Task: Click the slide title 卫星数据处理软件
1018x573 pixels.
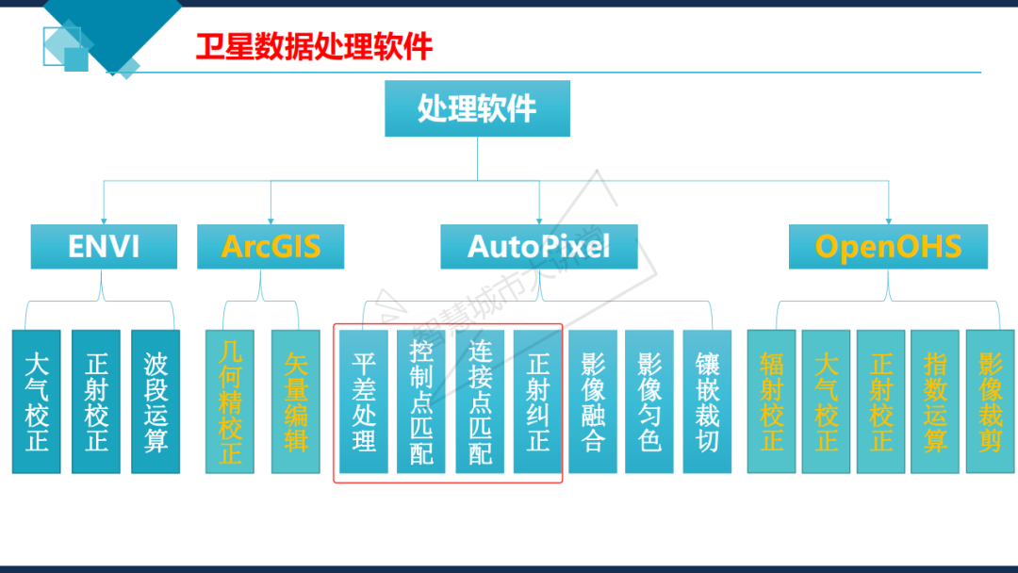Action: coord(314,46)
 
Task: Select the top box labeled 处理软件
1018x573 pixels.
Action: coord(477,108)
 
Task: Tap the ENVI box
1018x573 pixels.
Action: coord(104,246)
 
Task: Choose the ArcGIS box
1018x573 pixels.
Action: coord(271,246)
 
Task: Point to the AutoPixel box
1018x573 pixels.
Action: coord(539,246)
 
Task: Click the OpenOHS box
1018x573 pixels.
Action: coord(888,246)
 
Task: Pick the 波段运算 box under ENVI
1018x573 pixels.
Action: coord(156,401)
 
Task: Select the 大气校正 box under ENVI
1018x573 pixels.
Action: coord(37,401)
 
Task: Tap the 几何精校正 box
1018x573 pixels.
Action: coord(230,401)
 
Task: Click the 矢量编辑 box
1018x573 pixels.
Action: coord(296,401)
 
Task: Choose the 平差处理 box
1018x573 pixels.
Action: coord(364,401)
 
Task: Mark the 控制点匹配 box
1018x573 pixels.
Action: coord(421,401)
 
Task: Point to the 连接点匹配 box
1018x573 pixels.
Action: coord(480,401)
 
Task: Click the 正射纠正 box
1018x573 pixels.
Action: coord(537,401)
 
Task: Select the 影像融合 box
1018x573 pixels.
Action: coord(593,401)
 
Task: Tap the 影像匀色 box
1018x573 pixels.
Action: coord(649,401)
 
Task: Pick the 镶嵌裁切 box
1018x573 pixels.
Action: coord(707,401)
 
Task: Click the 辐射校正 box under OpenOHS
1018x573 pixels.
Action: coord(771,401)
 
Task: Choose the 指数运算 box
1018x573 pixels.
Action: coord(935,401)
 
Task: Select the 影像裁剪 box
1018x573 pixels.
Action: coord(990,401)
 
